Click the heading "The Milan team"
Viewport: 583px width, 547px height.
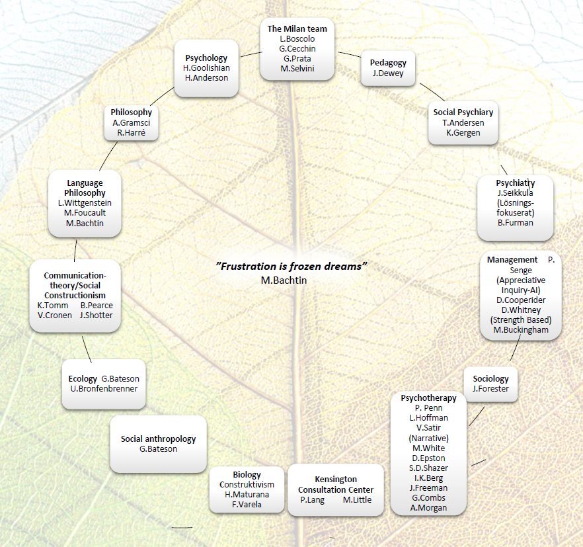pos(297,28)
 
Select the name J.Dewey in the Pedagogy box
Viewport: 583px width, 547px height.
pos(388,73)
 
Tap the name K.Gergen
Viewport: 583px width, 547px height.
pos(462,133)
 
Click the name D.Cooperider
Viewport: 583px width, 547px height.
pos(520,300)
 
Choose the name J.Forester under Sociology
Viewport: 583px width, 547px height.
pos(490,389)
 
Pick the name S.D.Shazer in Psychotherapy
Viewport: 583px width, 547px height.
pos(428,468)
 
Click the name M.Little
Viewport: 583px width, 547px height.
pos(357,500)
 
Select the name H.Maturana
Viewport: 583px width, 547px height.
pos(245,495)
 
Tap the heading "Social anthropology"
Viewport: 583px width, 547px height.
pos(158,439)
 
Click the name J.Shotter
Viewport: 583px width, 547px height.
pos(96,315)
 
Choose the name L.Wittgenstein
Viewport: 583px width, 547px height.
pos(85,202)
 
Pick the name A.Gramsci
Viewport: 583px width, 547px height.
pos(131,122)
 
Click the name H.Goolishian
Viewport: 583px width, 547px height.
pos(206,68)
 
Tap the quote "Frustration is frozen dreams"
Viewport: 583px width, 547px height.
pos(291,266)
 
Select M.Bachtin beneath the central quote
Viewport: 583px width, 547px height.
pos(284,280)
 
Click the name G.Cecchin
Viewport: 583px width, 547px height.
pos(297,49)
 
